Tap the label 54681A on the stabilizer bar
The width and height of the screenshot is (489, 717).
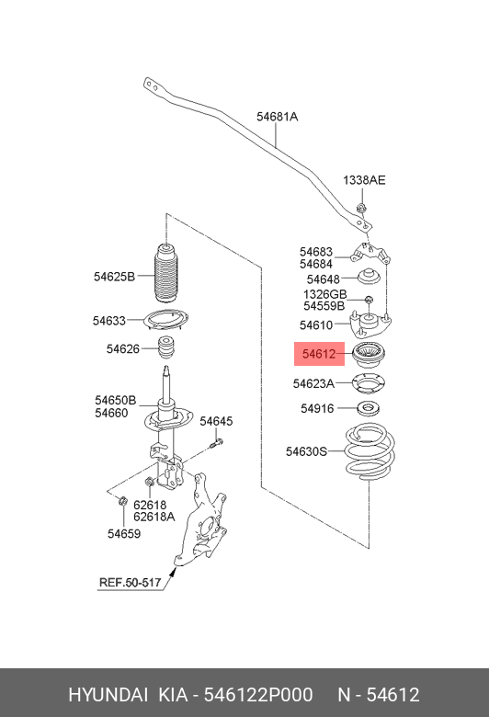pyautogui.click(x=277, y=117)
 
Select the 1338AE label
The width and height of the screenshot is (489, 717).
pyautogui.click(x=364, y=180)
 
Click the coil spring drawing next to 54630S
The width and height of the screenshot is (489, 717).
pyautogui.click(x=368, y=452)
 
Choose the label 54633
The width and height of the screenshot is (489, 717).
pyautogui.click(x=108, y=321)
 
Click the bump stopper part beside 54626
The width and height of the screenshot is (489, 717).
pyautogui.click(x=167, y=349)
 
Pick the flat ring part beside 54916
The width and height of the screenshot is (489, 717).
pyautogui.click(x=368, y=408)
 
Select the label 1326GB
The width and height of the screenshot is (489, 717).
pyautogui.click(x=324, y=294)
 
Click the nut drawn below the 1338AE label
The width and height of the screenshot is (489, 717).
pyautogui.click(x=362, y=209)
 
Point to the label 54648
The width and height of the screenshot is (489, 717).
pyautogui.click(x=324, y=279)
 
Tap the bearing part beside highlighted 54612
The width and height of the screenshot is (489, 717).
pyautogui.click(x=368, y=354)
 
